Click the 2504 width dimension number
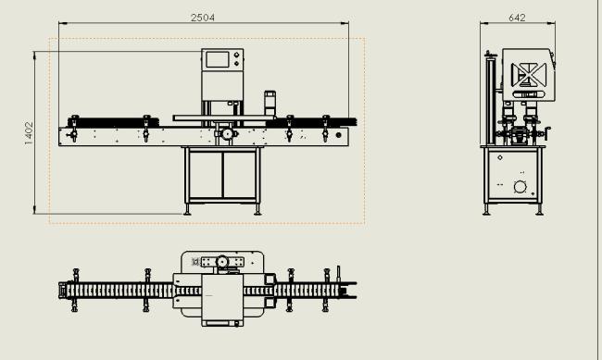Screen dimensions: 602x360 pos(203,18)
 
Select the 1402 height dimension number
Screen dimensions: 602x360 pos(29,133)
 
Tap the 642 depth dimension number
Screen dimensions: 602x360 pos(517,18)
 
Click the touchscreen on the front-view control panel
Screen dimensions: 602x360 pos(218,60)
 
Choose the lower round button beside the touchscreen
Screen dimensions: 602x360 pos(236,63)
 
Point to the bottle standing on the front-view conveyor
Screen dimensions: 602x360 pos(270,104)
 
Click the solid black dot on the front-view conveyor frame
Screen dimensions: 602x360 pos(338,135)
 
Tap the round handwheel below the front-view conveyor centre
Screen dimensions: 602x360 pos(227,134)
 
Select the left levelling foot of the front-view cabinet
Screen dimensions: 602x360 pos(187,209)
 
